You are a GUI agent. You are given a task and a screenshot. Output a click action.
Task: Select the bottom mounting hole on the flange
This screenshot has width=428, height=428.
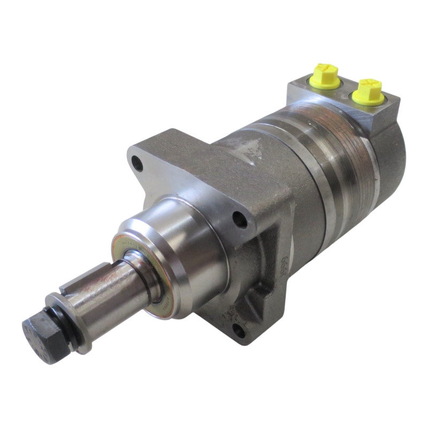point(239,329)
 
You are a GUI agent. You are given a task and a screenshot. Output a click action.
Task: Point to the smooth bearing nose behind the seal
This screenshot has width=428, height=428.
point(185,246)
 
